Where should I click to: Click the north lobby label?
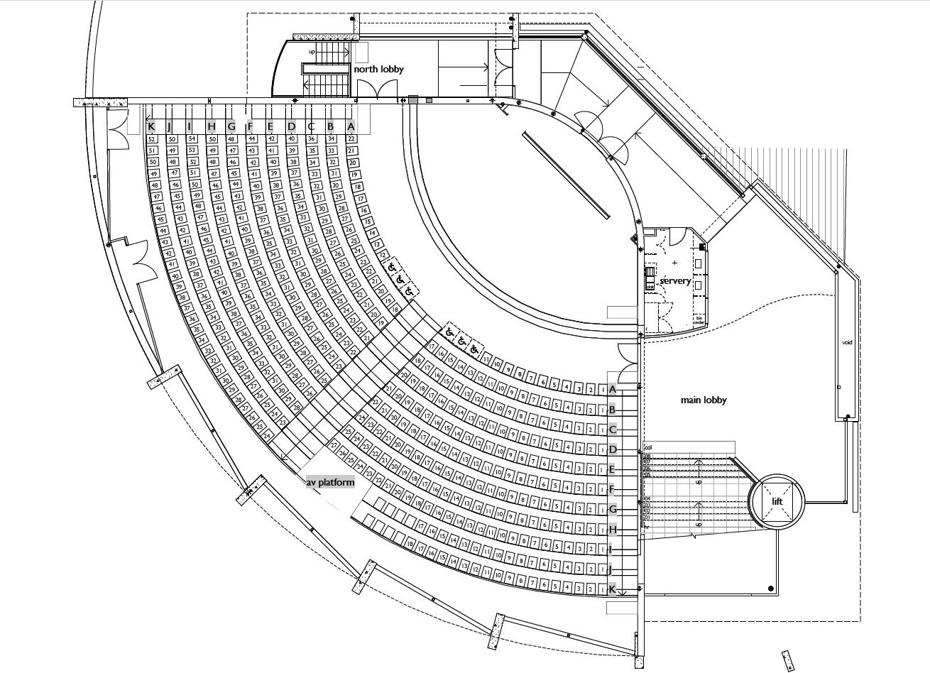[x=378, y=70]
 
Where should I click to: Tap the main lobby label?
[x=704, y=400]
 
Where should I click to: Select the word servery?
[x=675, y=281]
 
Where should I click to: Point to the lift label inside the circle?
[x=780, y=502]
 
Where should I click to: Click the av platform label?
[x=330, y=483]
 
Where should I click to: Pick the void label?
[x=846, y=342]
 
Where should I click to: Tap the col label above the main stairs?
[x=647, y=447]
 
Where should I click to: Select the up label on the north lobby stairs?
[x=312, y=52]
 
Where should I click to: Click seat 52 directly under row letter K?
[x=152, y=139]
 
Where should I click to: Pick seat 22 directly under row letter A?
[x=351, y=139]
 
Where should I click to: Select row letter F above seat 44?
[x=251, y=126]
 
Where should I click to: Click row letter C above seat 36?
[x=311, y=126]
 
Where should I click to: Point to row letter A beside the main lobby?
[x=612, y=389]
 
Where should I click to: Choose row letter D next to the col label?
[x=612, y=449]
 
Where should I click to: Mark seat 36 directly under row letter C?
[x=311, y=139]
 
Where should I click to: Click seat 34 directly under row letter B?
[x=331, y=139]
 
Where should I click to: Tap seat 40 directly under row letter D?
[x=291, y=139]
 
